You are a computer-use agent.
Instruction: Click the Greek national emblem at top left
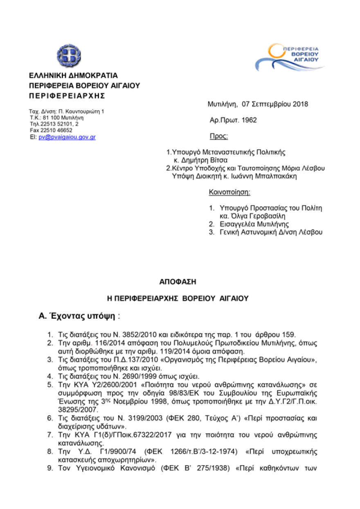click(x=68, y=55)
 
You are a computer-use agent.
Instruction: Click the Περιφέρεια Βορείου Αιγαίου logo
click(x=290, y=59)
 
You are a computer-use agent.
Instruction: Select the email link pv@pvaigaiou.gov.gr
click(x=67, y=137)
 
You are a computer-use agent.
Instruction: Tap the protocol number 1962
click(x=248, y=120)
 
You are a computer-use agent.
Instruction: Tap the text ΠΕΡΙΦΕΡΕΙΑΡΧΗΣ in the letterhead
click(x=67, y=96)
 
